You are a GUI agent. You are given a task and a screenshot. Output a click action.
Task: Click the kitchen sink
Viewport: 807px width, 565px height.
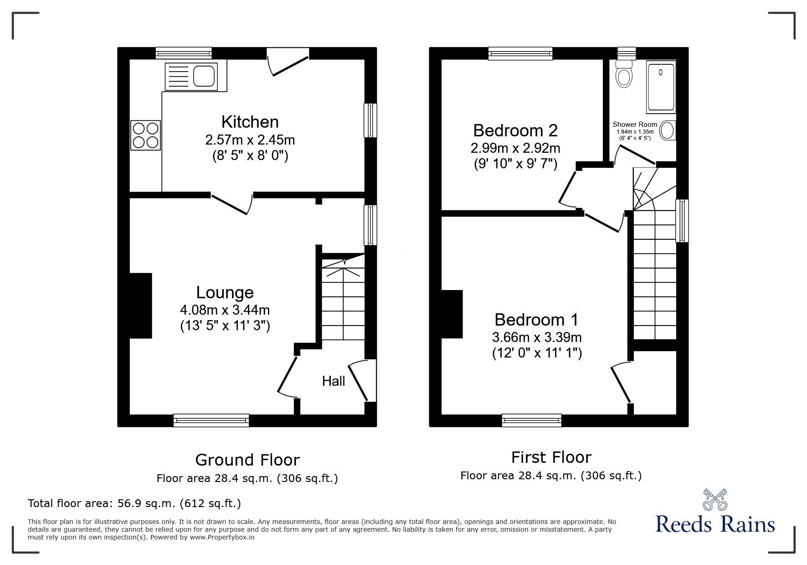click(203, 76)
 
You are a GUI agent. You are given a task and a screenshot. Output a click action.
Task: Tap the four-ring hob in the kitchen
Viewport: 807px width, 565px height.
click(146, 135)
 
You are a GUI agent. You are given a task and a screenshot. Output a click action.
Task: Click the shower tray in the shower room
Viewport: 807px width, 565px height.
click(661, 87)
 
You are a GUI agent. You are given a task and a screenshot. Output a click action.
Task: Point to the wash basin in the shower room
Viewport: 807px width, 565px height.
click(668, 131)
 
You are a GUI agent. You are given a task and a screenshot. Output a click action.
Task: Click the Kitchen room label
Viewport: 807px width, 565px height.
click(250, 122)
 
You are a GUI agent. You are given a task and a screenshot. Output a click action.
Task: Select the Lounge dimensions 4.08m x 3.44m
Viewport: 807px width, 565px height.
click(225, 311)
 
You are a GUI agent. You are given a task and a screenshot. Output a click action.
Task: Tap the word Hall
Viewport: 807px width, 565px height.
click(333, 381)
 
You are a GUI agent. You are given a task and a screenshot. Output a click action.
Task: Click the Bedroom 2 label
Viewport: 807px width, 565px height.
click(515, 131)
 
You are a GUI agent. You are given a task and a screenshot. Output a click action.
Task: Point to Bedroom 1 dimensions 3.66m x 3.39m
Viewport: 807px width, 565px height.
click(536, 338)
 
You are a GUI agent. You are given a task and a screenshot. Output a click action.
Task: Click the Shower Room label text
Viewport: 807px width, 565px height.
click(634, 124)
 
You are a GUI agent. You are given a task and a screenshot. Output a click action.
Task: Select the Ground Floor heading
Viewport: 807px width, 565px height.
click(247, 460)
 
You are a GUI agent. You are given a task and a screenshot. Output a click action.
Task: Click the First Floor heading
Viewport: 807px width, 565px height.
click(551, 457)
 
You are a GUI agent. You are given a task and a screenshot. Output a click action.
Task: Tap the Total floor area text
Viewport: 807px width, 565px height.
click(134, 503)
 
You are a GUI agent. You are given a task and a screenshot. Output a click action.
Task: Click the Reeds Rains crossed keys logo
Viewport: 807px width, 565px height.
click(714, 500)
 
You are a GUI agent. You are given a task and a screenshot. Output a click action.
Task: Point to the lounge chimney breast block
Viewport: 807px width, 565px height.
click(141, 306)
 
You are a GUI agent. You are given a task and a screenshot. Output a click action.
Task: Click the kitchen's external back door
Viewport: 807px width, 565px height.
click(288, 62)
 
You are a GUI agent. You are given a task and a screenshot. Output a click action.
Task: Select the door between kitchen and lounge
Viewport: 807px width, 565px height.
click(231, 203)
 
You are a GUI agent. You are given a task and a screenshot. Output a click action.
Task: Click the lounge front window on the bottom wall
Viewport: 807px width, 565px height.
click(211, 420)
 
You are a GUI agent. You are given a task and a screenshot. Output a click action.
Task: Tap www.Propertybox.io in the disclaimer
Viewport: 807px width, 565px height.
click(222, 537)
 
